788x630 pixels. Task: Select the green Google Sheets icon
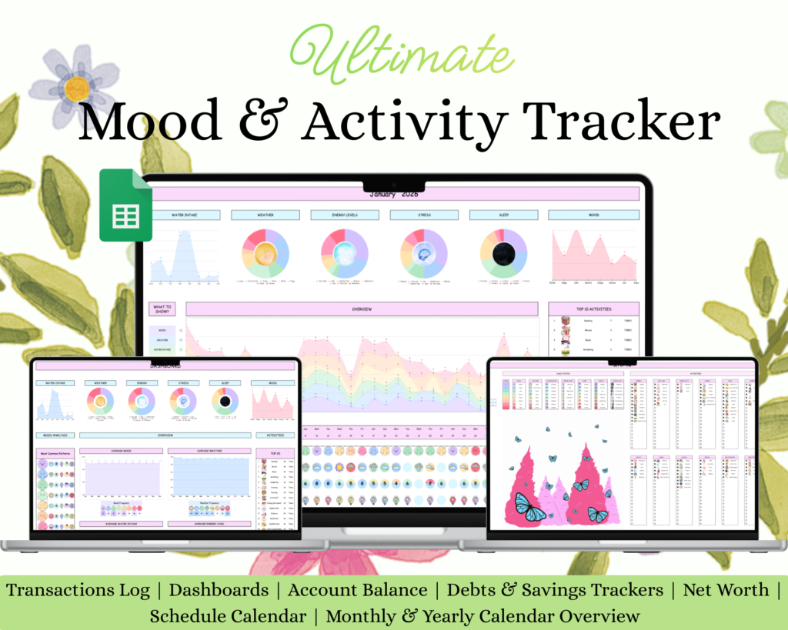tap(125, 205)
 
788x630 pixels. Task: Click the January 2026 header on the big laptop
tap(394, 193)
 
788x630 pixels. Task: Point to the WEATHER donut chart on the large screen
tap(265, 253)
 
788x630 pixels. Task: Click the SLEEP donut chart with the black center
tap(503, 253)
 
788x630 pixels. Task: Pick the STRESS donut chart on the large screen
tap(423, 253)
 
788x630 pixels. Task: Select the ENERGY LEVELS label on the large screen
tap(345, 215)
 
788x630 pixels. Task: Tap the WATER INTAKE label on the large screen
tap(185, 215)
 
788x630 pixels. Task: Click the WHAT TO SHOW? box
tap(163, 308)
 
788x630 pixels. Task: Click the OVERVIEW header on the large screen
tap(362, 308)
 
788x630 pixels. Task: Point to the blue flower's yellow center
tap(77, 89)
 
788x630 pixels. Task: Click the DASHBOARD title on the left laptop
tap(165, 367)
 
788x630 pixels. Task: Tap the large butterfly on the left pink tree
tap(531, 507)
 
